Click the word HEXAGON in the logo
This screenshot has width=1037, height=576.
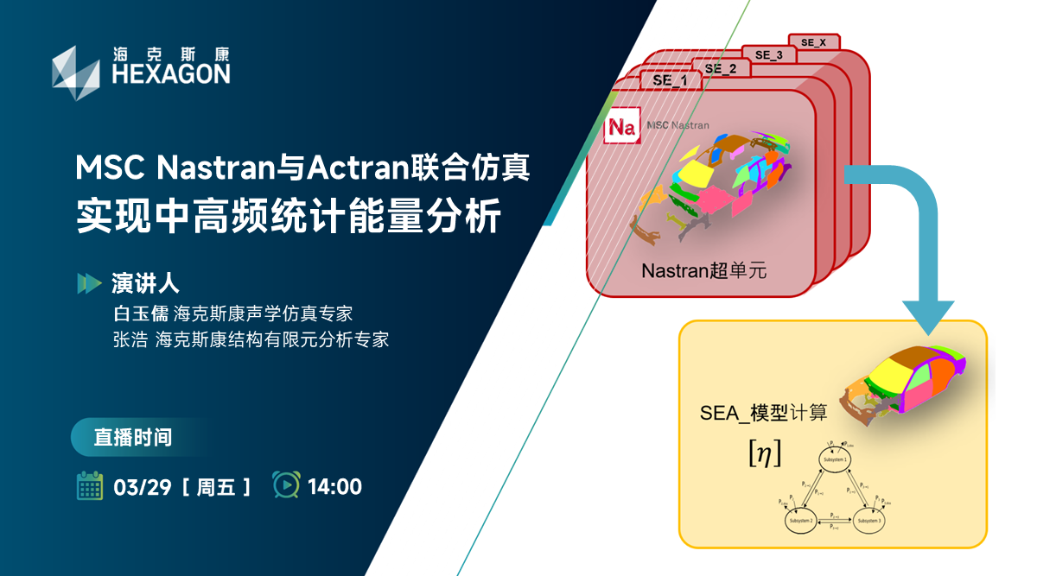(x=171, y=73)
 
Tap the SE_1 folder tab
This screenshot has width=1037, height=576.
(x=671, y=80)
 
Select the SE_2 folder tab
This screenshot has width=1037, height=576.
(x=720, y=68)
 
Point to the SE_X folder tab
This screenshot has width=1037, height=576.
(x=813, y=41)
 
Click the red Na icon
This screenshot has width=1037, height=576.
(x=621, y=126)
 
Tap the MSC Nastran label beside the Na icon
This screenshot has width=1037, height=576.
(x=678, y=125)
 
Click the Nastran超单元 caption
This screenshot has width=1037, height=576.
(x=704, y=270)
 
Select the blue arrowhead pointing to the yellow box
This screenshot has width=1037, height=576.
(x=928, y=315)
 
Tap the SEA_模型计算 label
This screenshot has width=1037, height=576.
(x=763, y=413)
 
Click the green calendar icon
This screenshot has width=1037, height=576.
(x=90, y=486)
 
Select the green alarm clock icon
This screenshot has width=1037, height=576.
(x=285, y=485)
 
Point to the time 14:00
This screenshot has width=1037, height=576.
(x=334, y=487)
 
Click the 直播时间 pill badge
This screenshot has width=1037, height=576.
(x=133, y=438)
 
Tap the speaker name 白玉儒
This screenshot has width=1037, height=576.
(x=138, y=312)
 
